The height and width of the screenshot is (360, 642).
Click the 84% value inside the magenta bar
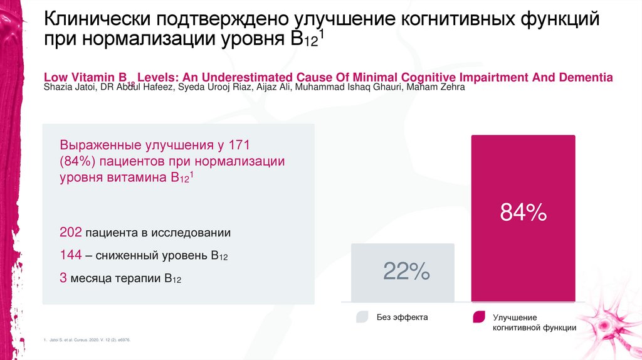click(523, 213)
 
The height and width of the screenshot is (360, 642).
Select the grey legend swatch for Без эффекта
click(362, 317)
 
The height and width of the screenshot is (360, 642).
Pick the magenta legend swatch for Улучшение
click(478, 317)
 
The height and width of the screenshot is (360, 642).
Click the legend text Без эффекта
click(402, 317)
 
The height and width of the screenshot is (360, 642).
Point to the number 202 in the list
click(71, 233)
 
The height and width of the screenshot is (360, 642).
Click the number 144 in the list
click(71, 255)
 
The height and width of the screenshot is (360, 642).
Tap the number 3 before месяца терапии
click(63, 278)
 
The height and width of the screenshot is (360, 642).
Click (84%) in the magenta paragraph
click(77, 161)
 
